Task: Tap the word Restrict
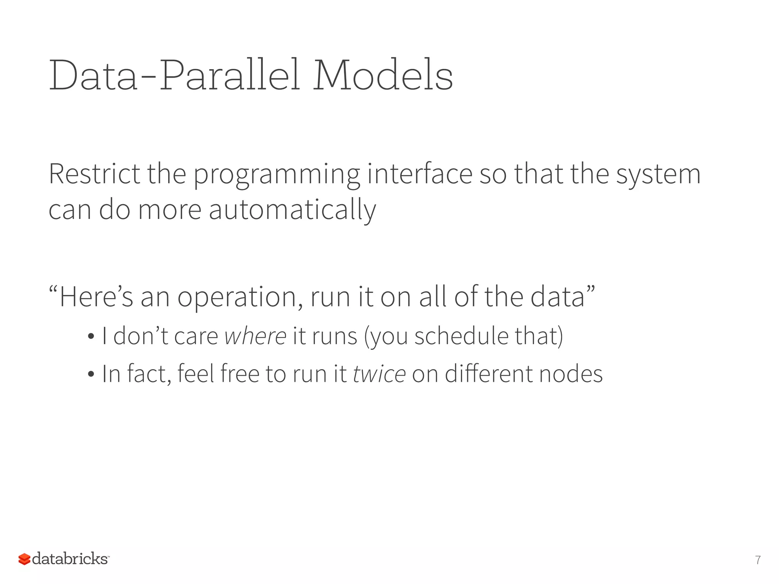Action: pyautogui.click(x=94, y=174)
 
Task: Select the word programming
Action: pyautogui.click(x=277, y=175)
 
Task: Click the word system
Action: pyautogui.click(x=658, y=175)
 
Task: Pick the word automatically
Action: pyautogui.click(x=292, y=210)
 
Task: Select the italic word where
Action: pyautogui.click(x=255, y=336)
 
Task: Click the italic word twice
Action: pyautogui.click(x=379, y=374)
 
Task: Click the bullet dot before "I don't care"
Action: pyautogui.click(x=91, y=336)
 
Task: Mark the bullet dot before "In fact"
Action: pyautogui.click(x=91, y=374)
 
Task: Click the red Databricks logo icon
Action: pyautogui.click(x=24, y=559)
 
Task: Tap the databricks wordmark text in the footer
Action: pyautogui.click(x=70, y=559)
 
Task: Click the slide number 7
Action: pyautogui.click(x=758, y=560)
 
